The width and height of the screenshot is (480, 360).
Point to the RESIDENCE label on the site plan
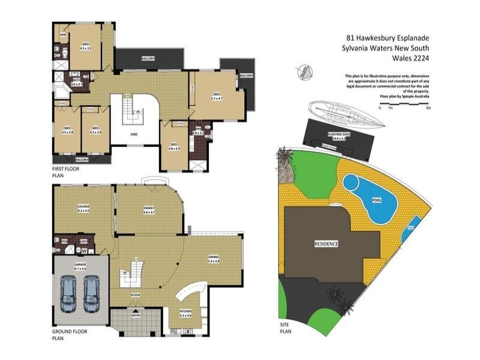pyautogui.click(x=326, y=244)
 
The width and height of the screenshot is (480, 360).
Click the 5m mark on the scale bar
pyautogui.click(x=428, y=107)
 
